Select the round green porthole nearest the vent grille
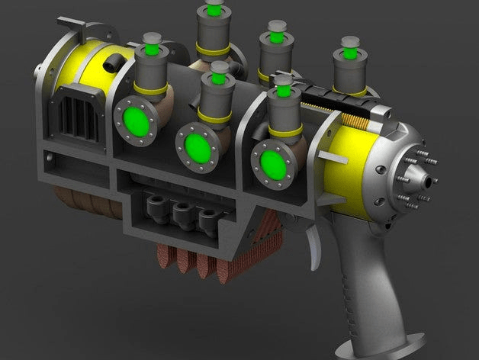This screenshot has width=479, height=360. [137, 120]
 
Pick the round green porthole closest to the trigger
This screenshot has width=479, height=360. [272, 162]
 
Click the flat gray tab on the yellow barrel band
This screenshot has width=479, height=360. [329, 157]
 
